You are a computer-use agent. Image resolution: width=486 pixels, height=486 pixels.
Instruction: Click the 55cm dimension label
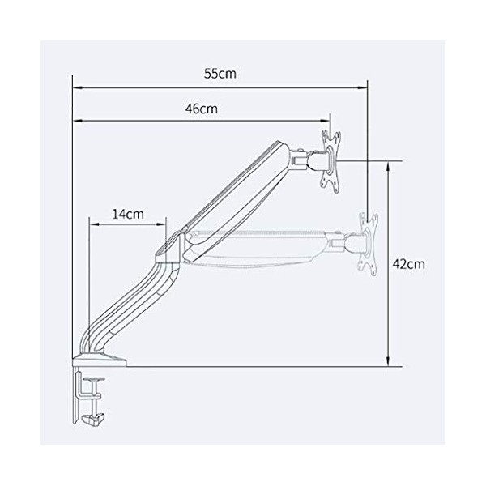(220, 74)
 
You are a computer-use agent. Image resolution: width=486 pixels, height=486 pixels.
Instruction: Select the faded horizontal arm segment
(259, 247)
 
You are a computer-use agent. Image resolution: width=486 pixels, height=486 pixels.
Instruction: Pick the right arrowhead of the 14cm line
(164, 225)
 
